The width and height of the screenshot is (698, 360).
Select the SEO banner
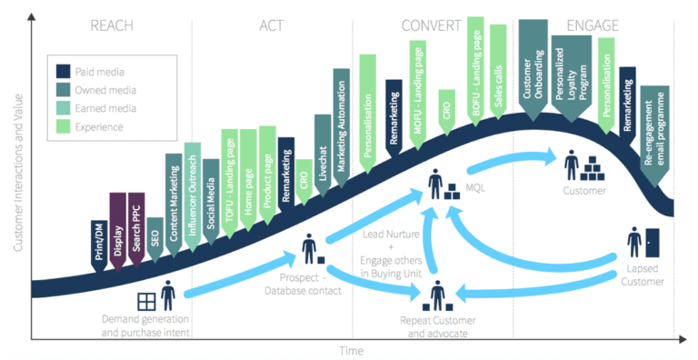point(155,233)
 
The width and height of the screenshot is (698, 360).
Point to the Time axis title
point(351,350)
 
